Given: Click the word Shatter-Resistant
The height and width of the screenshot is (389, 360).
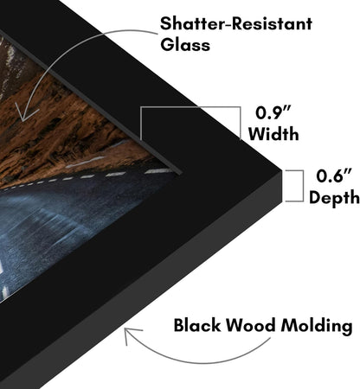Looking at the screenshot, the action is pos(236,23).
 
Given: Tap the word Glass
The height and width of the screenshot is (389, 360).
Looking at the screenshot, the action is pos(185,45).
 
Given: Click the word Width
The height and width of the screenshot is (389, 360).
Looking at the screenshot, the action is pos(273,134).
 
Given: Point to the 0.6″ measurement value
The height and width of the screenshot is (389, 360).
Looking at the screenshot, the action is pos(334,175).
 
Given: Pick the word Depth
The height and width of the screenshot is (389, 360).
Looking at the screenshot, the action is pos(334,198).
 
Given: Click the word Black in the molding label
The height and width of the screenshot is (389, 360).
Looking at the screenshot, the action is pos(196,325).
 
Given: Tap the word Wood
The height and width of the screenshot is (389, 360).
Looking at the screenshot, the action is pos(250,325).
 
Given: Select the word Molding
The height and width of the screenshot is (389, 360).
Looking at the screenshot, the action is pos(317,327).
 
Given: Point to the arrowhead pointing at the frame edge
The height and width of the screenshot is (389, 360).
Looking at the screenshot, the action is pos(129,335).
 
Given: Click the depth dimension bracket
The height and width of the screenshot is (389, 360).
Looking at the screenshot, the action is pos(303,186).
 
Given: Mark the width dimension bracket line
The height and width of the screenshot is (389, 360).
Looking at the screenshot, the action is pos(190,107).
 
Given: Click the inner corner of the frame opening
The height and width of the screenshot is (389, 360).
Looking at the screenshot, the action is pos(182,174).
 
